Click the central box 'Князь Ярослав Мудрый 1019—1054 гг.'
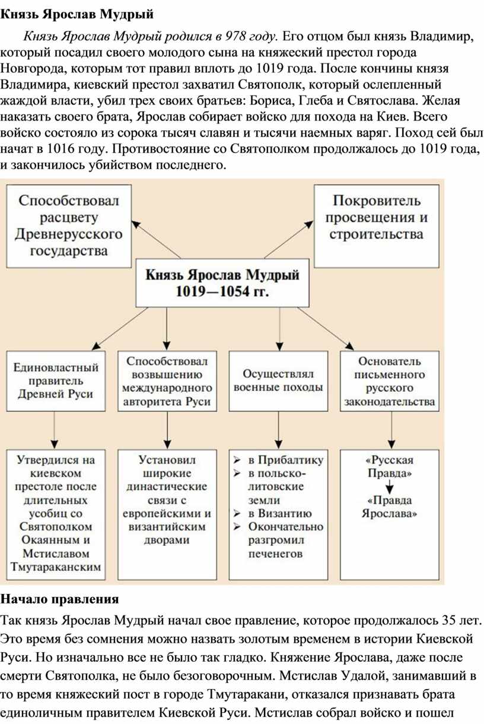tap(222, 282)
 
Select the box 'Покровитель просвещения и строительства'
tap(377, 226)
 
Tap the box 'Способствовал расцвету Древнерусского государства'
tap(69, 226)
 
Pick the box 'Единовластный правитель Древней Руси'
tap(56, 381)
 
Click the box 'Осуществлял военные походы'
tap(278, 381)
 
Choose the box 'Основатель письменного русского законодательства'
tap(389, 381)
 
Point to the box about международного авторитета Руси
tap(167, 381)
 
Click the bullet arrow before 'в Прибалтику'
tap(237, 459)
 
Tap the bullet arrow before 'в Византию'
tap(237, 513)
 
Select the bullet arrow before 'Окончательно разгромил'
tap(237, 527)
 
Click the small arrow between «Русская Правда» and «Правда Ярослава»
tap(390, 487)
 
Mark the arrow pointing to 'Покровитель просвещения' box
tap(288, 240)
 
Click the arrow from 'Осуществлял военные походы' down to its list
tap(279, 430)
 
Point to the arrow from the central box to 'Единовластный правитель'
tap(120, 328)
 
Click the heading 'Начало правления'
tap(59, 599)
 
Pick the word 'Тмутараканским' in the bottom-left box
tap(56, 567)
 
